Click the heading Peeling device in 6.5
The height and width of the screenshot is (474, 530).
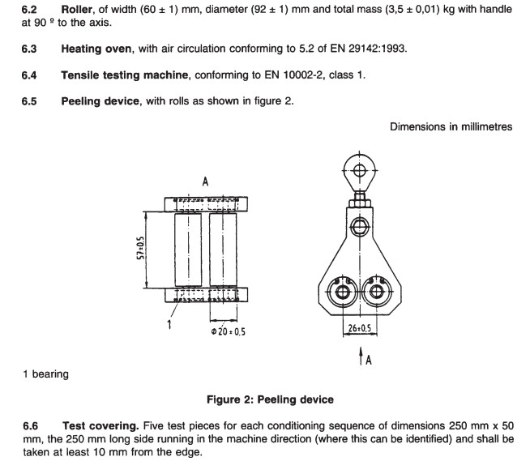(102, 101)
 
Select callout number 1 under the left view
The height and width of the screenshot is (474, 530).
(169, 327)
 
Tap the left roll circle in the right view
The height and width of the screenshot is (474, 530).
(342, 292)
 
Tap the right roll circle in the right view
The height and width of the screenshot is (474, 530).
(375, 292)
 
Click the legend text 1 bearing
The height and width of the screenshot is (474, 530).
(45, 374)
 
